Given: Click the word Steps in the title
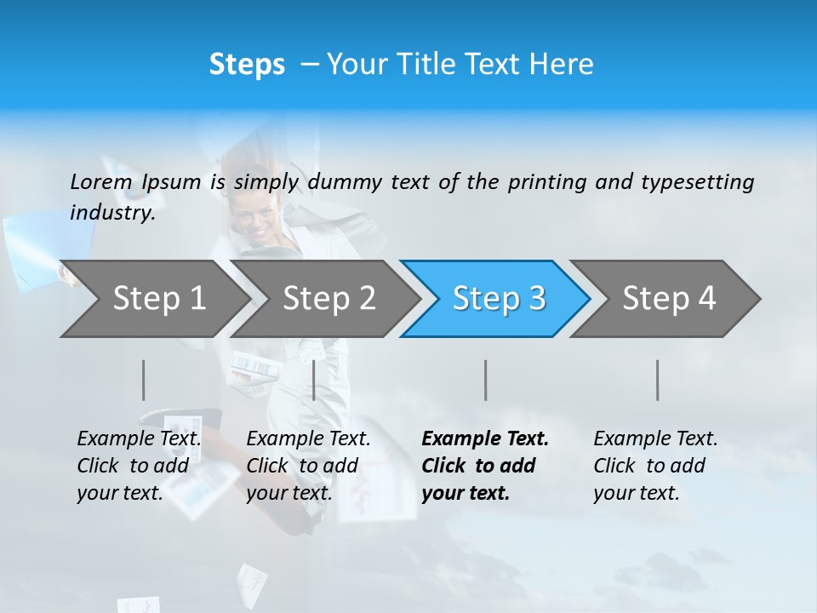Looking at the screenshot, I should (x=247, y=65).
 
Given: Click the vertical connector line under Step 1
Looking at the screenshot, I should (x=144, y=380).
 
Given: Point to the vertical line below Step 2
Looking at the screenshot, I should (x=314, y=380).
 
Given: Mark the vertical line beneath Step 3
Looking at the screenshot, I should (x=485, y=380).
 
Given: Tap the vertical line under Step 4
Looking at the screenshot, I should (x=658, y=380).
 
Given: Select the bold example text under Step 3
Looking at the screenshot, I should (x=484, y=466).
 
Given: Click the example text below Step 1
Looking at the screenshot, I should (x=139, y=466).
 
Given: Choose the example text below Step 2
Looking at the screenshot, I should (x=308, y=466).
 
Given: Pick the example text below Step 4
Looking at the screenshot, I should (x=654, y=466).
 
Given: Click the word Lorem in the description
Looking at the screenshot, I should (x=100, y=182).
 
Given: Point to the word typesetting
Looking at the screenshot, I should (x=697, y=182).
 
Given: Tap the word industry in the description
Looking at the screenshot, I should (x=111, y=213).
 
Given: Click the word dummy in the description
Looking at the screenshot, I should (x=345, y=182).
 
